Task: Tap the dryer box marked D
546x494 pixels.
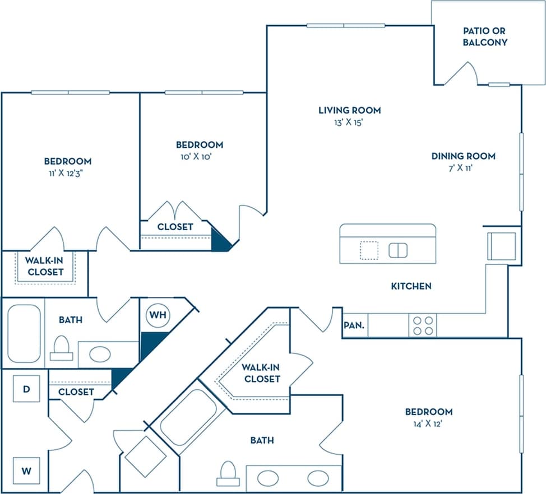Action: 26,389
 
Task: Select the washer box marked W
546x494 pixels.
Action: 26,470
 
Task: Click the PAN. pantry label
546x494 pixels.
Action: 355,325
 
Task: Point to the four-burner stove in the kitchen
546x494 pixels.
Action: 423,325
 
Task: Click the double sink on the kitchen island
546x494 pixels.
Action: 398,250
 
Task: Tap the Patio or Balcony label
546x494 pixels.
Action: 485,36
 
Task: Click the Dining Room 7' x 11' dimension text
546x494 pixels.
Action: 463,169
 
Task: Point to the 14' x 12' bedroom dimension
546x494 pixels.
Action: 429,424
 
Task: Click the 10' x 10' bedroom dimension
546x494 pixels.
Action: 199,157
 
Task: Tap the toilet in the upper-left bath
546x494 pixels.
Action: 61,348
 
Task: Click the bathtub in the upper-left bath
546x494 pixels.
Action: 24,334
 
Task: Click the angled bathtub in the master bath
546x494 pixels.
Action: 188,415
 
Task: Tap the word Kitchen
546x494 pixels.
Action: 411,286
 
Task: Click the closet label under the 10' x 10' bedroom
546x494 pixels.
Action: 175,227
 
